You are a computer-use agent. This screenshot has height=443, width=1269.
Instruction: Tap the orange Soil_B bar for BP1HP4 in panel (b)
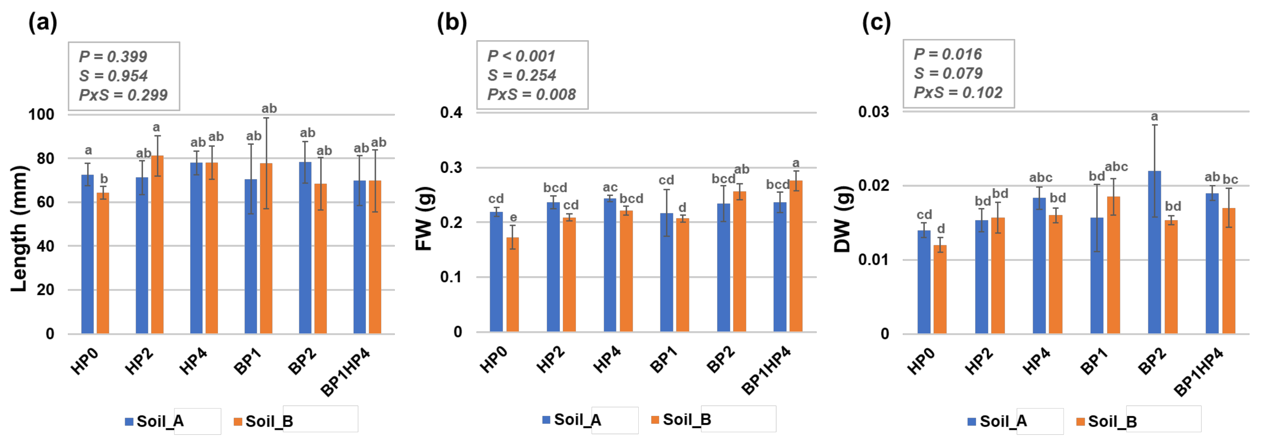796,256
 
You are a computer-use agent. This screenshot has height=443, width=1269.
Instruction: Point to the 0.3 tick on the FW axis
451,168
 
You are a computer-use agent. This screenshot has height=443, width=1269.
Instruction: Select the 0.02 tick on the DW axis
873,186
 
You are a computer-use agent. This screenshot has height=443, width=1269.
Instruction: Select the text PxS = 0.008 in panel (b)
531,94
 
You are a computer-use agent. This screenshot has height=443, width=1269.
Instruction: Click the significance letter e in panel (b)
513,217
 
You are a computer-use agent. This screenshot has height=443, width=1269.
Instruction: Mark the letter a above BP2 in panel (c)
1154,117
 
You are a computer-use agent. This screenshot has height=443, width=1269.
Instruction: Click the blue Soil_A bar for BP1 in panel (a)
250,256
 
